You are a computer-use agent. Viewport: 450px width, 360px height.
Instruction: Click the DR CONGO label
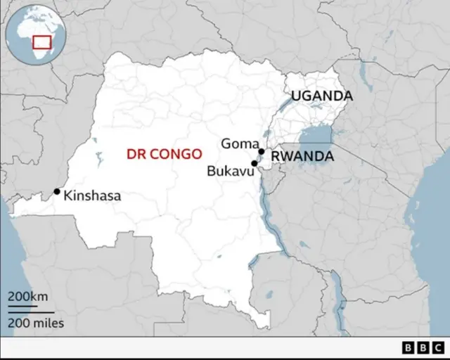163,153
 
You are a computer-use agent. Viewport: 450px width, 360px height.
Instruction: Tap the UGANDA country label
322,96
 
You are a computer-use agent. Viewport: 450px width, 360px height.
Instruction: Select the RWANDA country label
302,156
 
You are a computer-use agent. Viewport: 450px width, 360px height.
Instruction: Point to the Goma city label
238,143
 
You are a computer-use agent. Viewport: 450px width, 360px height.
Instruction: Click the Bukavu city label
229,170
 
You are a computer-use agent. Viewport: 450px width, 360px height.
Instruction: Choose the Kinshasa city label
92,196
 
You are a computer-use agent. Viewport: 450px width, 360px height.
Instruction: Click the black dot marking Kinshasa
57,191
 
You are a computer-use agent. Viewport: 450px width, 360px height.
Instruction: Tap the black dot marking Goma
261,151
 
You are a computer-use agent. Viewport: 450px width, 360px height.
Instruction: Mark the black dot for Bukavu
254,163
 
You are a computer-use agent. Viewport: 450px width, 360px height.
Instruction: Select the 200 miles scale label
36,323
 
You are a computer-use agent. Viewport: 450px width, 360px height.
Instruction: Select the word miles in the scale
48,323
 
